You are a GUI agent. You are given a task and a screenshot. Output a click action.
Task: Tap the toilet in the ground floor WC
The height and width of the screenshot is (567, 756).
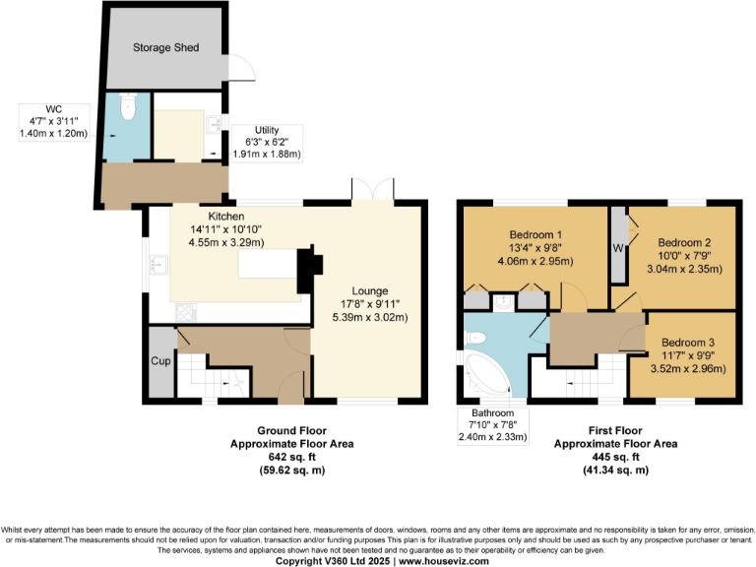125,105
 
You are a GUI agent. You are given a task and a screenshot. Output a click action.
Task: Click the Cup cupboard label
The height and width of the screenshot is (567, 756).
159,361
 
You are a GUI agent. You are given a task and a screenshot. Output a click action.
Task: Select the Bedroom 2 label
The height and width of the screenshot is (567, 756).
684,242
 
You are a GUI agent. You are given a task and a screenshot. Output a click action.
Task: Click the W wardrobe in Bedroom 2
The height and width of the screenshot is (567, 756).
618,246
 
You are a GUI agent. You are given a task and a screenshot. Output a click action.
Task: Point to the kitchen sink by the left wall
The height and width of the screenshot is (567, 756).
157,264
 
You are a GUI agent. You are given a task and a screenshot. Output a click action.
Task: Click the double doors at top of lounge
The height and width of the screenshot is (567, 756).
374,188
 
